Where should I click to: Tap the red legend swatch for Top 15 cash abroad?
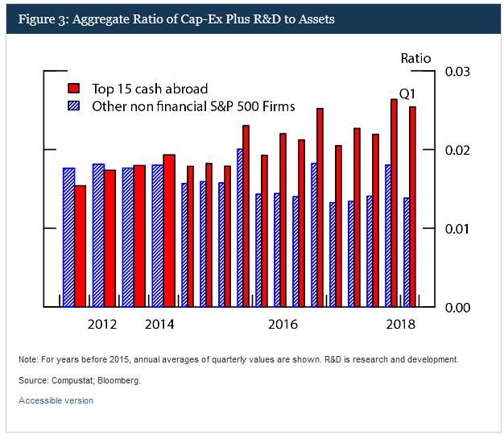point(75,89)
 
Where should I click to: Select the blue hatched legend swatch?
point(75,106)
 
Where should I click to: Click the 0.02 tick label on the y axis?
point(456,151)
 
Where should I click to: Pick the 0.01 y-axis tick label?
point(456,229)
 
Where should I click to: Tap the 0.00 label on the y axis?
point(456,307)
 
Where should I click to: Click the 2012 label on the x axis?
point(102,325)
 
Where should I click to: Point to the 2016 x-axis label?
point(283,325)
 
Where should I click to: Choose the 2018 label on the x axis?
point(400,325)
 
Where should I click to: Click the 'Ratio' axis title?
point(416,58)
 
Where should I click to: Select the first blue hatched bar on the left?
point(68,238)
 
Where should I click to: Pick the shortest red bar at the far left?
point(80,246)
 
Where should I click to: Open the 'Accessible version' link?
point(56,400)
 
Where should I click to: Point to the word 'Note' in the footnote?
point(27,358)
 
